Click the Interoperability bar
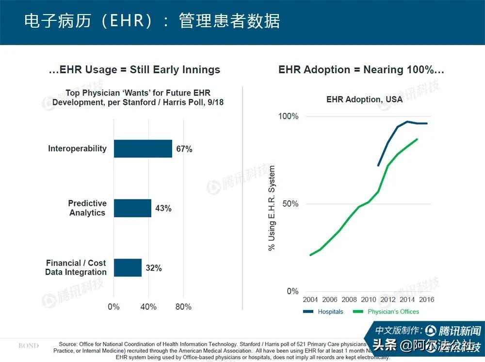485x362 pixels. (143, 149)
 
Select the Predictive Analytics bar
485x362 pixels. (132, 208)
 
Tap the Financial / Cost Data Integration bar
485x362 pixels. (128, 267)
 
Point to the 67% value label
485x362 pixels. (184, 149)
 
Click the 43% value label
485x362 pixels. (163, 209)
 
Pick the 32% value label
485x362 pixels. (154, 268)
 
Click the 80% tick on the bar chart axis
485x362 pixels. (183, 307)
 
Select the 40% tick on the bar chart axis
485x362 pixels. (148, 307)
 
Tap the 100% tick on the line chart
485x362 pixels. (288, 116)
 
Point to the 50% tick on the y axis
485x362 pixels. (290, 204)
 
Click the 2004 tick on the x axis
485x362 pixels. (310, 299)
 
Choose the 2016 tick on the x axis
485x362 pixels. (426, 299)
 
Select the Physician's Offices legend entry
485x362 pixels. (386, 312)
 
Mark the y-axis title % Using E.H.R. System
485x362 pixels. (272, 208)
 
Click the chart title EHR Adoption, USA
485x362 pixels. (364, 99)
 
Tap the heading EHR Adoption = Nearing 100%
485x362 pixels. (361, 70)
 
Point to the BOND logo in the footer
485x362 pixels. (29, 346)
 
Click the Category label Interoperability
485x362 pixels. (77, 148)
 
